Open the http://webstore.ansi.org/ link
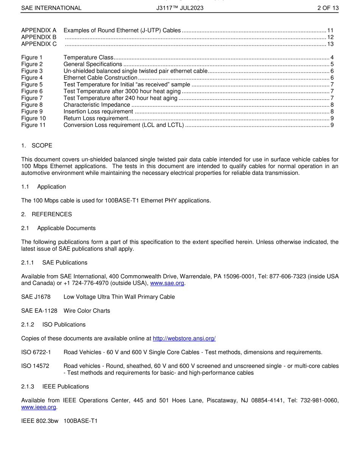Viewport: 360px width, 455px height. [184, 338]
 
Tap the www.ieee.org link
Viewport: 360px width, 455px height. [39, 407]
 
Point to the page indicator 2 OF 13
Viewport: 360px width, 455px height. [328, 8]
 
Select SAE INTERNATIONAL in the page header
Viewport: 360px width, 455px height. [51, 8]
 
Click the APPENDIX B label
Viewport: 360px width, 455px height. [39, 37]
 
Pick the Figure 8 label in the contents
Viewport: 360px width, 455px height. [32, 105]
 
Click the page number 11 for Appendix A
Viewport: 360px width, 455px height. [330, 30]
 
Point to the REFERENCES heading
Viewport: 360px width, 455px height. [52, 214]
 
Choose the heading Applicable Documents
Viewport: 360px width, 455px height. [66, 228]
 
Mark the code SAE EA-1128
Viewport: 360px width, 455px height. [39, 311]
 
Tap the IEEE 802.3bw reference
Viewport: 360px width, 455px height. [39, 421]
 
